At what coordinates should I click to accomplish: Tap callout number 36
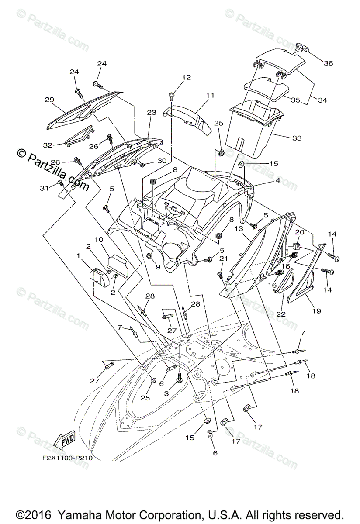click(328, 63)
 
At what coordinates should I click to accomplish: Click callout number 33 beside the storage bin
click(297, 138)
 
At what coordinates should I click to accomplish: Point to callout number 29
click(49, 100)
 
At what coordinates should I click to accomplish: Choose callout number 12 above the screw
click(174, 77)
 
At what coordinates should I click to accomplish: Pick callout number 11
click(210, 95)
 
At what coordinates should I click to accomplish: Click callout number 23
click(151, 112)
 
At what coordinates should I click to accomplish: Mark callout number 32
click(48, 145)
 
